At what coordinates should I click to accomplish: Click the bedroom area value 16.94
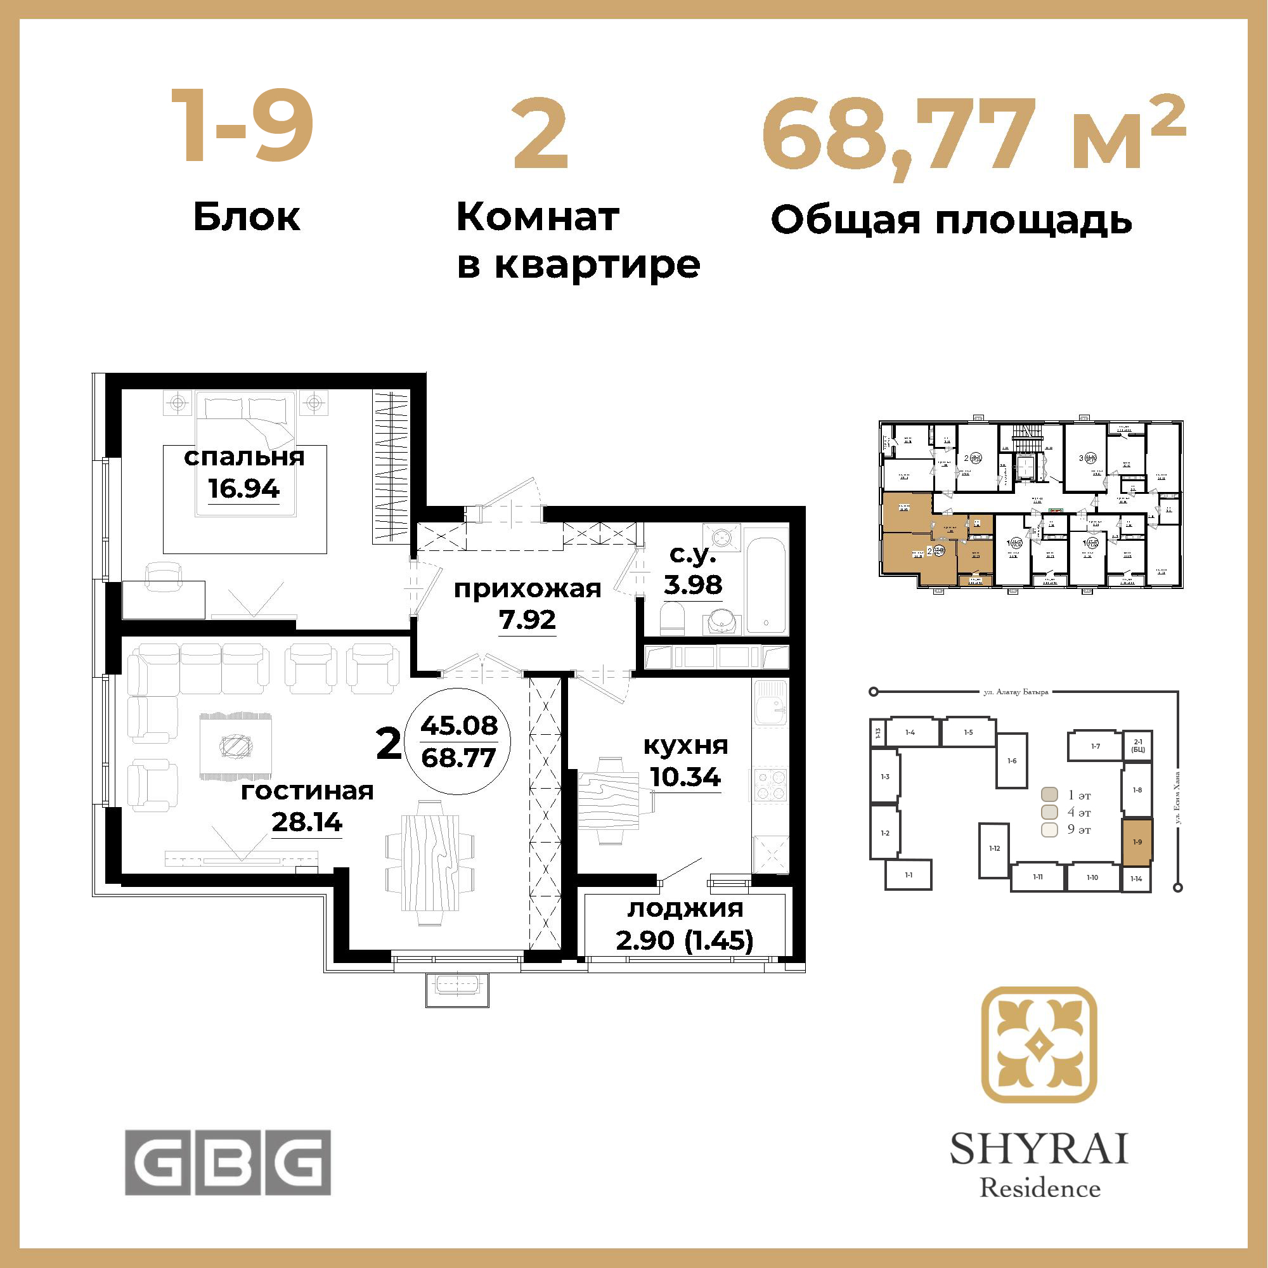pyautogui.click(x=243, y=489)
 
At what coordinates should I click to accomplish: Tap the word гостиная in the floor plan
pyautogui.click(x=307, y=791)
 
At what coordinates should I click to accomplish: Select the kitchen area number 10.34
pyautogui.click(x=685, y=778)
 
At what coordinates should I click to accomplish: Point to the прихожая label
pyautogui.click(x=527, y=590)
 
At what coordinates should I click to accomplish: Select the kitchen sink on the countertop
pyautogui.click(x=770, y=703)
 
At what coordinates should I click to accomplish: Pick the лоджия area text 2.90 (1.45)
pyautogui.click(x=685, y=940)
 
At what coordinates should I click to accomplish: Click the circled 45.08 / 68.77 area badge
pyautogui.click(x=459, y=741)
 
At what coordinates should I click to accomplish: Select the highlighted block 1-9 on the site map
pyautogui.click(x=1137, y=843)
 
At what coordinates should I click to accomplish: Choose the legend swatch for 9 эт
pyautogui.click(x=1050, y=829)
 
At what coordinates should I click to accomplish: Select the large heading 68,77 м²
pyautogui.click(x=973, y=139)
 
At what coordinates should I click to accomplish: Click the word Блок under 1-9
pyautogui.click(x=247, y=217)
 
